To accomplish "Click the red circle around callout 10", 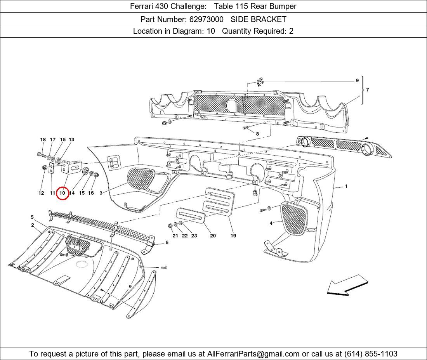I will (x=62, y=193).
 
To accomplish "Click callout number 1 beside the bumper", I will (x=346, y=187).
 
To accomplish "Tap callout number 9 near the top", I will (x=357, y=81).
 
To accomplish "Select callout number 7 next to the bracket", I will (x=367, y=90).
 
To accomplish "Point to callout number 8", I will (x=257, y=133).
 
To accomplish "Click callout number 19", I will (x=233, y=235).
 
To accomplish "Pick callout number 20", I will (x=213, y=235).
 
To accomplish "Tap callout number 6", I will (x=167, y=243).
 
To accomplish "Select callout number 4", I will (x=271, y=223).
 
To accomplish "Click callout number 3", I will (x=101, y=193).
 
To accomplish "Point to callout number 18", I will (x=43, y=140).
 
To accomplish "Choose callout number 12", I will (x=41, y=193).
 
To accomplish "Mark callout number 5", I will (x=32, y=217).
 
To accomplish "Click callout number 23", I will (x=194, y=235).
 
